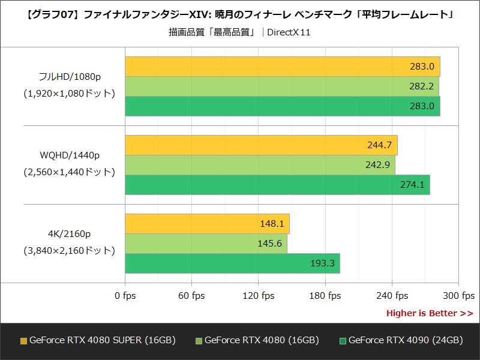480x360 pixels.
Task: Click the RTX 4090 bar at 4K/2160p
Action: click(x=232, y=263)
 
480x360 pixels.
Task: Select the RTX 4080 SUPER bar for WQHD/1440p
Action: click(x=261, y=145)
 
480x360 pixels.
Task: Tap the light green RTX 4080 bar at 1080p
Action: click(x=282, y=86)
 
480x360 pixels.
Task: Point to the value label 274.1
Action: click(x=412, y=185)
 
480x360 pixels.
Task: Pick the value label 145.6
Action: click(x=269, y=244)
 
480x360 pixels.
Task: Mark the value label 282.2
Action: click(x=421, y=86)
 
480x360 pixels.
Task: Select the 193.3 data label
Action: click(x=322, y=263)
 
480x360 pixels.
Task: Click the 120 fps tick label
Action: click(x=259, y=296)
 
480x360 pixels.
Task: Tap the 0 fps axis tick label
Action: click(x=125, y=296)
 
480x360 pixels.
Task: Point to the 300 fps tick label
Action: click(x=459, y=296)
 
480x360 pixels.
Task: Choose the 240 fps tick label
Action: click(x=392, y=296)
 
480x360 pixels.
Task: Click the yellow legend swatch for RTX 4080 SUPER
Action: click(x=23, y=341)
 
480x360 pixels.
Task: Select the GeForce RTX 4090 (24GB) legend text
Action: click(x=406, y=340)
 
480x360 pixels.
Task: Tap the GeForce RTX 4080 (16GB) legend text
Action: click(x=262, y=340)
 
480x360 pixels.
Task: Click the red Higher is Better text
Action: click(x=429, y=313)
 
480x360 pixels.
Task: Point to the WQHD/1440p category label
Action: click(x=70, y=155)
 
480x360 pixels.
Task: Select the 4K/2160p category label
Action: click(x=70, y=234)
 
